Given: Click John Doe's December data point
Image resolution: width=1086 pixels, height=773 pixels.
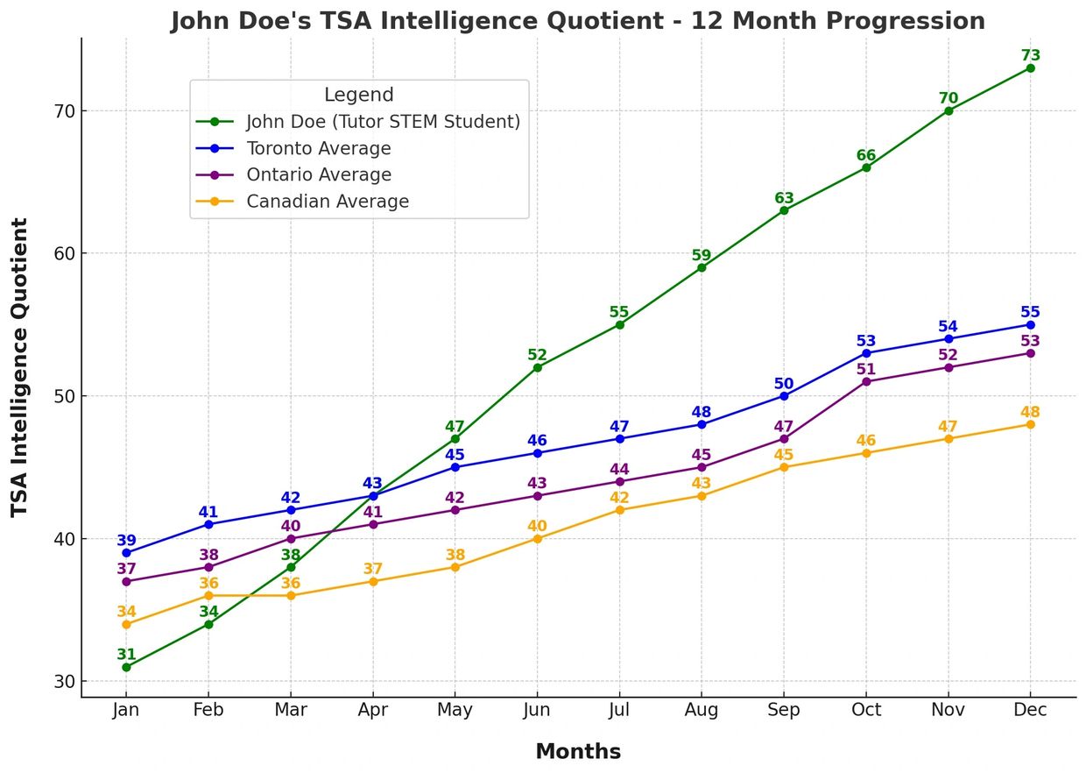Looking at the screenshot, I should click(x=1030, y=67).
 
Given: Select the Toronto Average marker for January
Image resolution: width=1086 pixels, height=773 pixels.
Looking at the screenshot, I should click(x=126, y=553).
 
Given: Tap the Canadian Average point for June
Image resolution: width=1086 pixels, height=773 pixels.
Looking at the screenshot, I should click(x=537, y=538).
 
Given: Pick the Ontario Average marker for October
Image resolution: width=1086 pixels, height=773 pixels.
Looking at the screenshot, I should click(x=866, y=381).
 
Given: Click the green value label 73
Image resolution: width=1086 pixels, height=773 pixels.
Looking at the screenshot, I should click(x=1030, y=55).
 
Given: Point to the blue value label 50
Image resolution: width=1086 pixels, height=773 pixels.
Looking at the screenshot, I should click(x=784, y=383).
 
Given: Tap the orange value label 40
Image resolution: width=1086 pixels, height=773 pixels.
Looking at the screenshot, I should click(x=537, y=526).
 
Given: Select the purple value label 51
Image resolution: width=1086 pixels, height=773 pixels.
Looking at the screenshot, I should click(x=866, y=369).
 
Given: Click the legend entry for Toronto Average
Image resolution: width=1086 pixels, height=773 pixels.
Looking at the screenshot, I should click(x=318, y=148).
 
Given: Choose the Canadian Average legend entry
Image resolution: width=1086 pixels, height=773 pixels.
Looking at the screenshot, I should click(x=327, y=202).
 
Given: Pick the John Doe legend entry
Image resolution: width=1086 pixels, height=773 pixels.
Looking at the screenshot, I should click(x=383, y=122).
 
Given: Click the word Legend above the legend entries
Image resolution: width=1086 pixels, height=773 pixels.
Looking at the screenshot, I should click(x=358, y=95).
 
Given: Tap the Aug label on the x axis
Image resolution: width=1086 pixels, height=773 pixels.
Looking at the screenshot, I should click(x=702, y=710).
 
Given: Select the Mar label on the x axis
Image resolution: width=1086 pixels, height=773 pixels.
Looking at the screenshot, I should click(x=291, y=710).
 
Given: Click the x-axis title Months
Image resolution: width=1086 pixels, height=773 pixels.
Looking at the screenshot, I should click(x=578, y=751).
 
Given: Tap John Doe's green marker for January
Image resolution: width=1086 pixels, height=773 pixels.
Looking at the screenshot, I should click(x=126, y=667).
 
